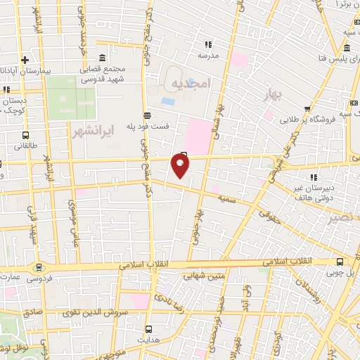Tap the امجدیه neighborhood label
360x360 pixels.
click(190, 83)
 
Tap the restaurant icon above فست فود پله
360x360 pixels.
click(146, 115)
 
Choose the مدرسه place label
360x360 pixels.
click(208, 54)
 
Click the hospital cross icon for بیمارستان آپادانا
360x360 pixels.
click(25, 60)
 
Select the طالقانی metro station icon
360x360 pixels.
click(25, 135)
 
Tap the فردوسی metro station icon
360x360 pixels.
click(38, 267)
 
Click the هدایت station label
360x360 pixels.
click(148, 339)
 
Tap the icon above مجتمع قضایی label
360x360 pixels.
click(103, 58)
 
